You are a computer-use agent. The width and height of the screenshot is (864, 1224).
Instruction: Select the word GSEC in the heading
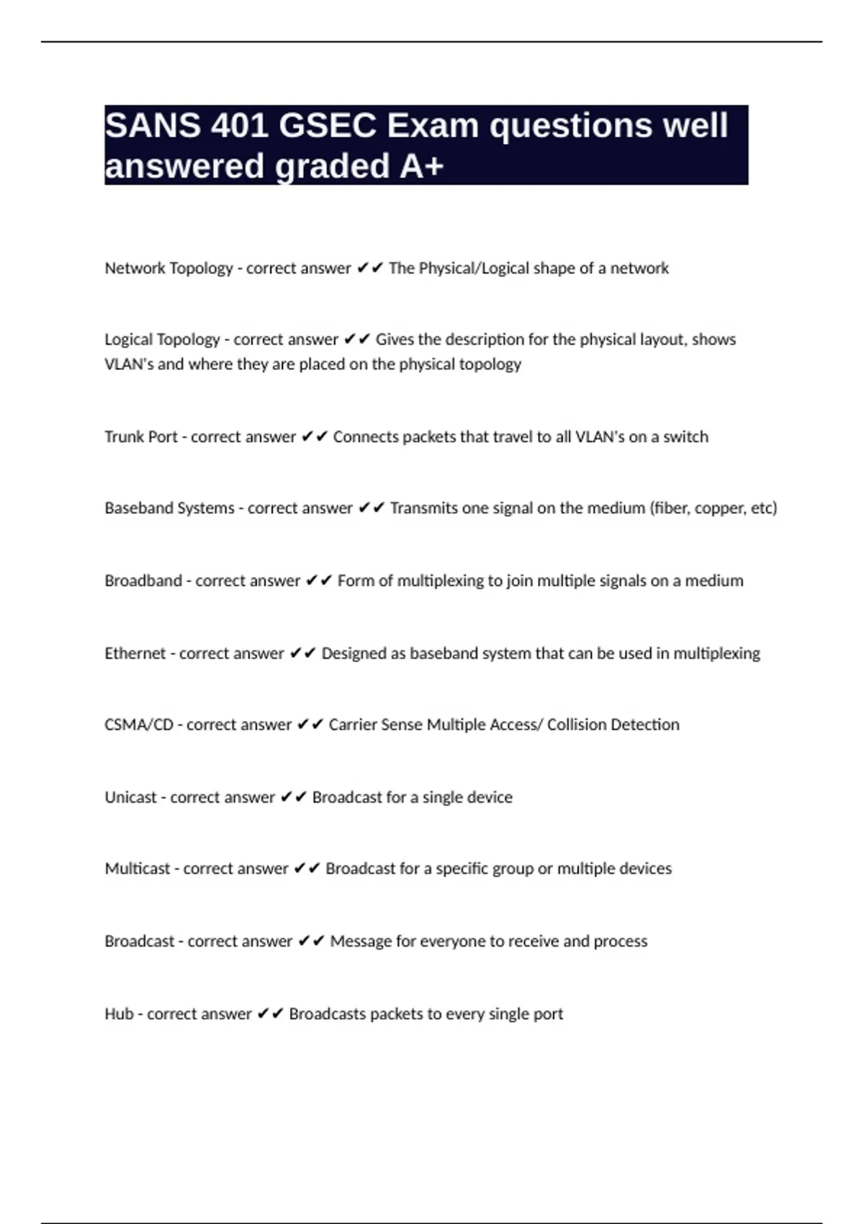(327, 126)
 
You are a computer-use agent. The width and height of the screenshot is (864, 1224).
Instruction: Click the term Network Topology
(168, 269)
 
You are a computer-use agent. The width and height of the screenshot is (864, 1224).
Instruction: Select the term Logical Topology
(162, 340)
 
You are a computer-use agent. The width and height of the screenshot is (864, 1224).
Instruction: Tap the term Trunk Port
(141, 437)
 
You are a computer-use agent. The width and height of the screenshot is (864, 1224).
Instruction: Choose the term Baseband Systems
(169, 508)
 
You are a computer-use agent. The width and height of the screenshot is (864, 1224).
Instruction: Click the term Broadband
(143, 581)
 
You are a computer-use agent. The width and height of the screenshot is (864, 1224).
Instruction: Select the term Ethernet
(135, 654)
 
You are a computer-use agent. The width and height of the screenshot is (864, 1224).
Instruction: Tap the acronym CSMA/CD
(139, 725)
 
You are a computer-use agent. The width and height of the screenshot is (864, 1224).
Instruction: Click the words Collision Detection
(613, 725)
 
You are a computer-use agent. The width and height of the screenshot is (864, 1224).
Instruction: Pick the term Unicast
(130, 798)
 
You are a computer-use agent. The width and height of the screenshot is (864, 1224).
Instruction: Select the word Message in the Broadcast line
(357, 942)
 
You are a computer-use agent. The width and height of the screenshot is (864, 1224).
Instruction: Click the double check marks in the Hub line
(270, 1014)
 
